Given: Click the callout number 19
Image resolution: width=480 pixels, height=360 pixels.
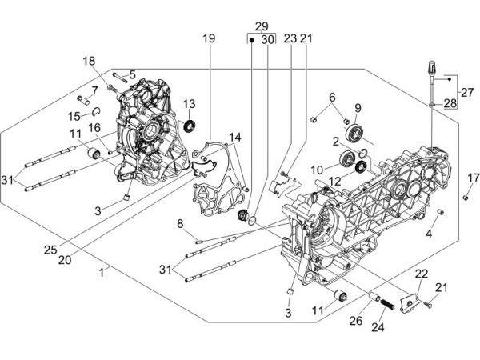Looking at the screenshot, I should click(x=209, y=38).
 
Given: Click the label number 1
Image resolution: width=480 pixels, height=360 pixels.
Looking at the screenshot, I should click(x=101, y=274).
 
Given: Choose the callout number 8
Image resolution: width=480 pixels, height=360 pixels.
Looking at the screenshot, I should click(x=180, y=223).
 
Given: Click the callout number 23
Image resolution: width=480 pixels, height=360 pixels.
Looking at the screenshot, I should click(x=290, y=38).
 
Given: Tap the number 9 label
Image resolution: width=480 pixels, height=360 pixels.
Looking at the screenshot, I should click(x=358, y=108).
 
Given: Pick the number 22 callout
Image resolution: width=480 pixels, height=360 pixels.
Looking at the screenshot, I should click(x=421, y=274).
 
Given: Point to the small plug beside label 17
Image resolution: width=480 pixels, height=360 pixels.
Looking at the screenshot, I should click(x=465, y=198).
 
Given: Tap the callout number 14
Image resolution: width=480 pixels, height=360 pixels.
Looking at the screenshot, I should click(x=234, y=137).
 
